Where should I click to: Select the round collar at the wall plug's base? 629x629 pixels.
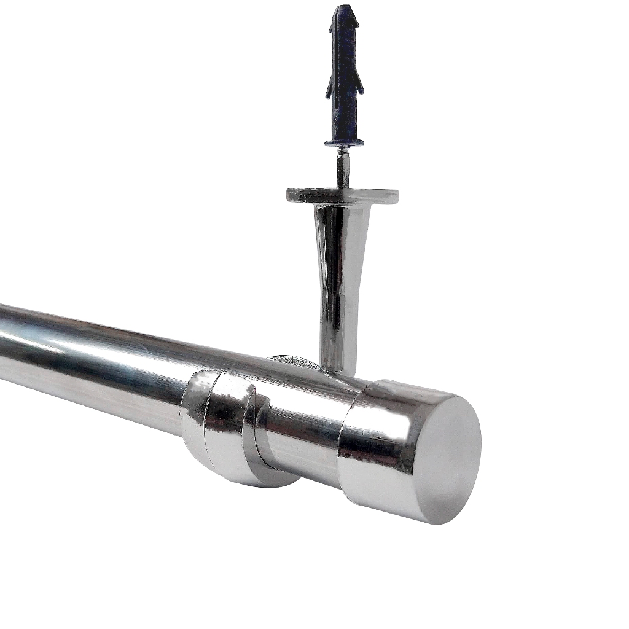tap(344, 143)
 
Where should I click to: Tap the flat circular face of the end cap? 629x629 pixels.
tap(442, 458)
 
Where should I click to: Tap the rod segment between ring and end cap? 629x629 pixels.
tap(301, 430)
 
